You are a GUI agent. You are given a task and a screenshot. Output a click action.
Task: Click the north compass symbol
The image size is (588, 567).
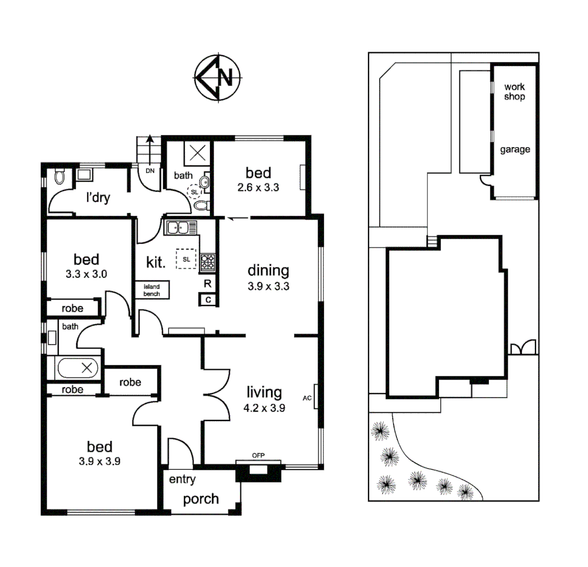tap(217, 77)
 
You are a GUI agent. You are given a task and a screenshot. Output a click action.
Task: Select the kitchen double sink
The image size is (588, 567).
tap(181, 228)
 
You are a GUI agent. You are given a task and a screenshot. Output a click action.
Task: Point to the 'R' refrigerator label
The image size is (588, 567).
tap(208, 284)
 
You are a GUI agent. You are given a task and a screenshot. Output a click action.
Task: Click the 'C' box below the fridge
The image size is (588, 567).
tap(208, 300)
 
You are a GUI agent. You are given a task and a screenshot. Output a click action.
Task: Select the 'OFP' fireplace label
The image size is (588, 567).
tap(257, 456)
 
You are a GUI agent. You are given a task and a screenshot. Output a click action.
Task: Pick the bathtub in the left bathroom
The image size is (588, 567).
tap(78, 368)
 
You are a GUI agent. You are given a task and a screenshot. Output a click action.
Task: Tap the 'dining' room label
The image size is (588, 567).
tap(268, 271)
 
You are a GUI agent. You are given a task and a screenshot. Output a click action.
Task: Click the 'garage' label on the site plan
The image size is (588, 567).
tap(514, 150)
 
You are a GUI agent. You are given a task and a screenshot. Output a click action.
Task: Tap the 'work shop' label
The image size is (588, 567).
tap(514, 91)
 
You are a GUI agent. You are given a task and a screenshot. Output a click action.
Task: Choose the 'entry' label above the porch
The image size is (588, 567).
tap(182, 479)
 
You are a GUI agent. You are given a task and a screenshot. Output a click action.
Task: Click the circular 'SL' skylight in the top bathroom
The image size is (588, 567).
tap(195, 192)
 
